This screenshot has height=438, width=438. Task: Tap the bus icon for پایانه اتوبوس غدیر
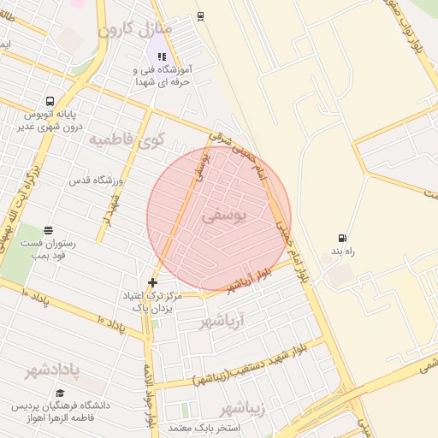tap(50, 100)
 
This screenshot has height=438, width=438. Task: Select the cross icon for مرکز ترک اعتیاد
tap(153, 282)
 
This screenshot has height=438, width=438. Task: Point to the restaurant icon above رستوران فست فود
tap(48, 229)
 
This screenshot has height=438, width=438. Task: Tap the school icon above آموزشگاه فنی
tap(162, 56)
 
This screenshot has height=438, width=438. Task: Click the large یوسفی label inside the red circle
tap(224, 217)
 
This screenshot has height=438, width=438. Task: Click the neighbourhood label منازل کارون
tap(135, 31)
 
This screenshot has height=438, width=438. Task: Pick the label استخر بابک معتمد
tap(203, 427)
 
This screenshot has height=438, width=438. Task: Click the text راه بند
tap(340, 253)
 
